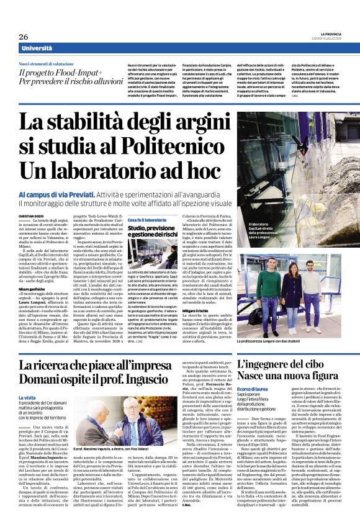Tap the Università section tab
[x=36, y=48]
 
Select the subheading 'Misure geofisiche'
[x=32, y=289]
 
